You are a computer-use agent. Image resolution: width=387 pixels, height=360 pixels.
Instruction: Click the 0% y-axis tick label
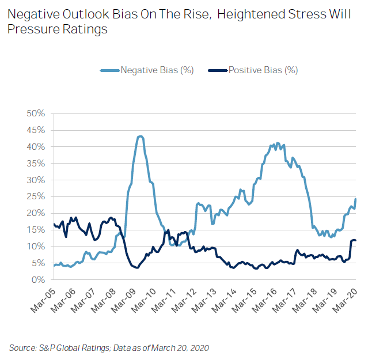click(38, 280)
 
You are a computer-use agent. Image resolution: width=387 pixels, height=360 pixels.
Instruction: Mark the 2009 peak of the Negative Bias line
click(140, 137)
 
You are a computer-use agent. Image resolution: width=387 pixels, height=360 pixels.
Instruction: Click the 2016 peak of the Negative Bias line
click(278, 143)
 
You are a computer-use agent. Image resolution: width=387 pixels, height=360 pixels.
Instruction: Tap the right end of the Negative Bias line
click(355, 199)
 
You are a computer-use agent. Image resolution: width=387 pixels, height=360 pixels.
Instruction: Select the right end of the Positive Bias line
click(355, 240)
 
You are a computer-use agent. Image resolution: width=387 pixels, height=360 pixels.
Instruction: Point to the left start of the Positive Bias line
click(54, 223)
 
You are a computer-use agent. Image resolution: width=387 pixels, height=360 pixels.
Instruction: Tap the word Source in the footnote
click(22, 347)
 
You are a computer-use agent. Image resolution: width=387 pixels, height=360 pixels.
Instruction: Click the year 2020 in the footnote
click(198, 347)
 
